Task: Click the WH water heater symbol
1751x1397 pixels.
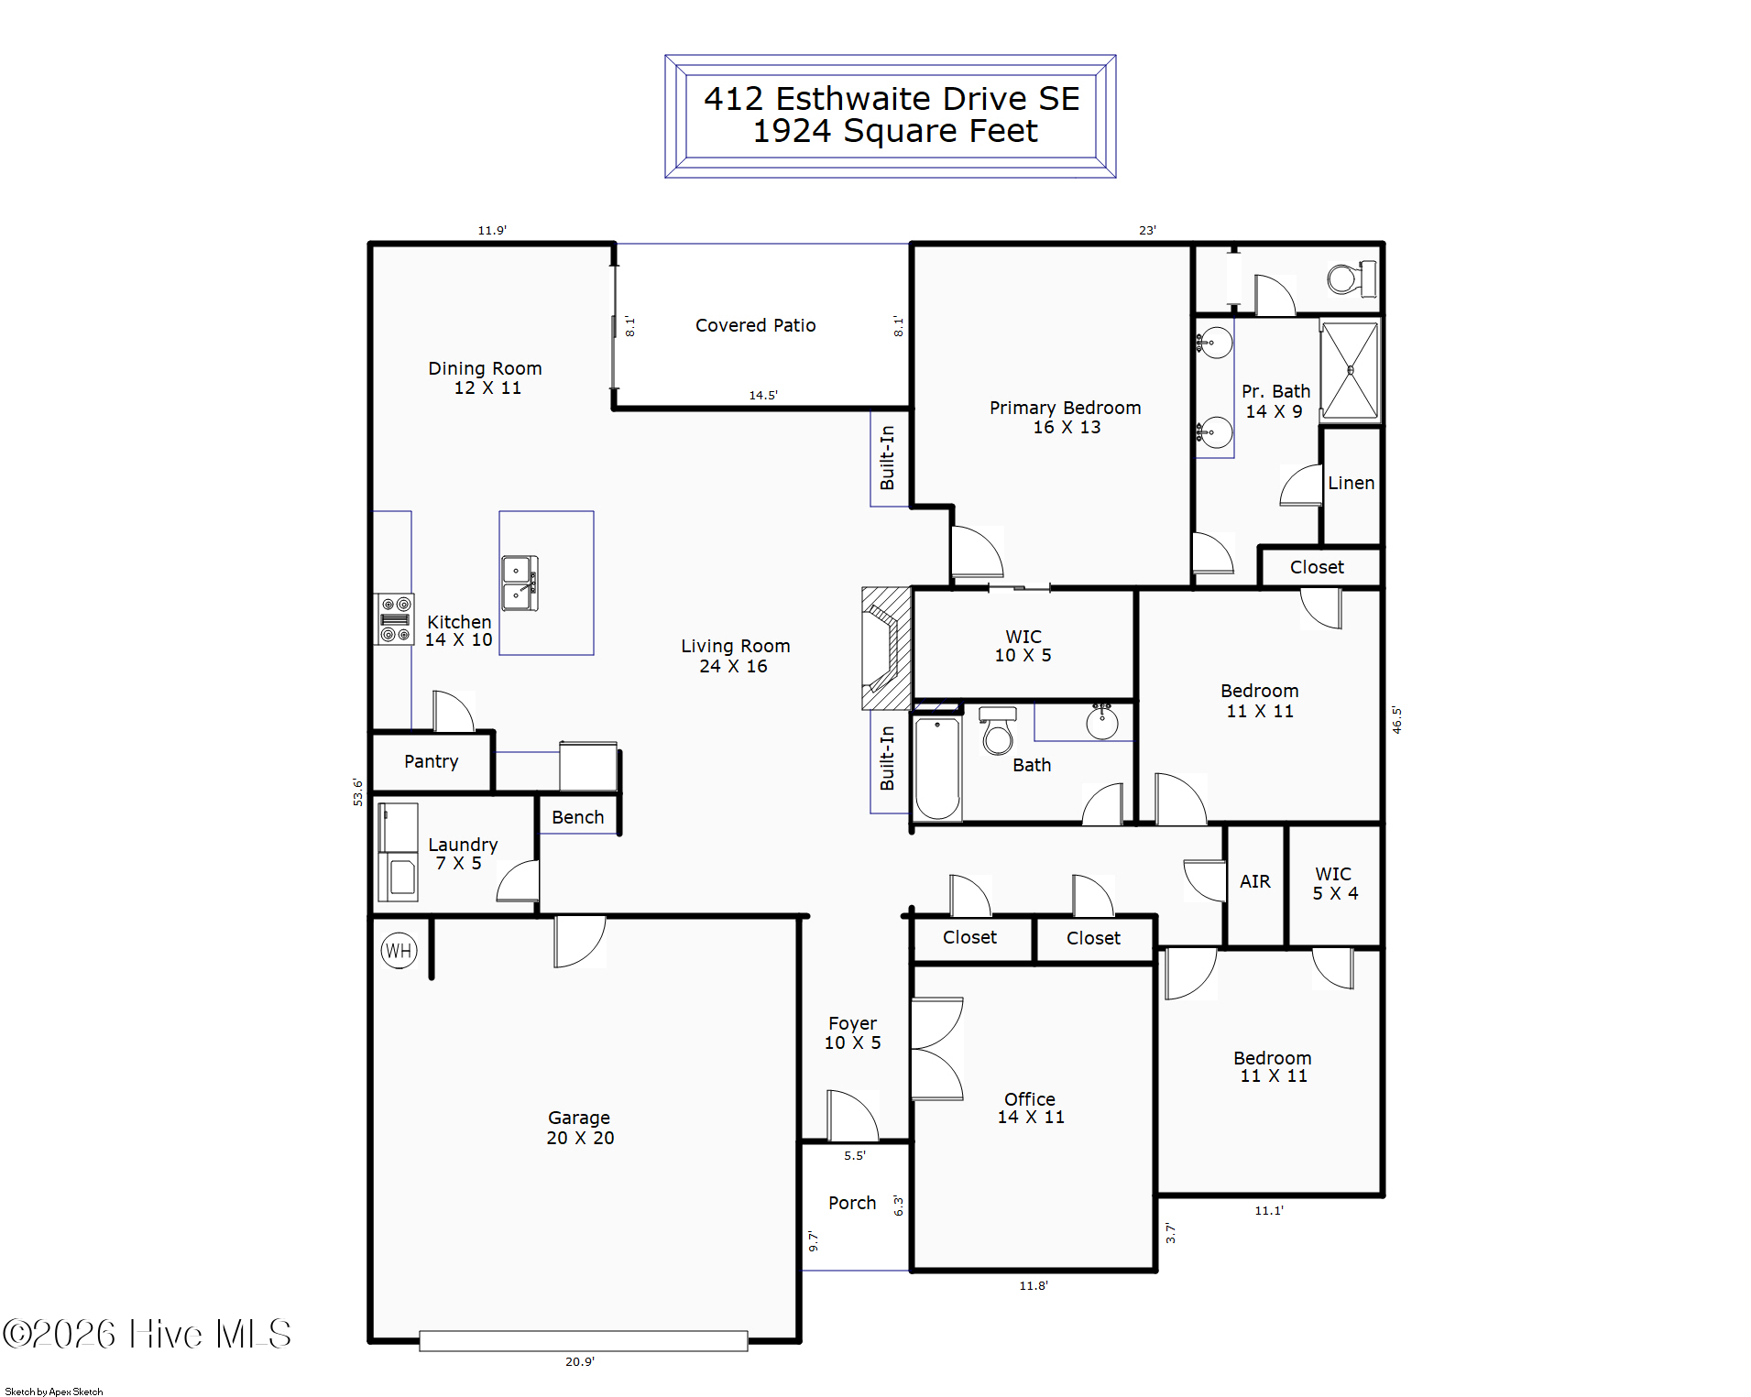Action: [x=399, y=951]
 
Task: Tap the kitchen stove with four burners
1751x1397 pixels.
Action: [x=395, y=619]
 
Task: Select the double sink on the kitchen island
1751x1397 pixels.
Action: [x=520, y=583]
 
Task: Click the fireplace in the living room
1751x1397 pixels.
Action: [x=885, y=649]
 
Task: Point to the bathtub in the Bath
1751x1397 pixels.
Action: [x=936, y=768]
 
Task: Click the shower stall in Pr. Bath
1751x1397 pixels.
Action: [x=1350, y=370]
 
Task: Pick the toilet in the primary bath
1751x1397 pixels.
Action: [x=1351, y=278]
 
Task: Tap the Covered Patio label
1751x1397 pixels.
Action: [x=755, y=325]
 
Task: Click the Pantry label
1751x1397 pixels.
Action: [x=431, y=761]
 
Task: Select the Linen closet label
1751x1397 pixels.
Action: [x=1351, y=483]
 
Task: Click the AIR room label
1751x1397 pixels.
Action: [x=1254, y=881]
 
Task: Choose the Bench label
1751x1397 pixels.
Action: [x=577, y=817]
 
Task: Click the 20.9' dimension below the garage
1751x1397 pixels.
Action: [x=579, y=1361]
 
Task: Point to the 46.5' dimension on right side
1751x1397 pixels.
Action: [x=1396, y=719]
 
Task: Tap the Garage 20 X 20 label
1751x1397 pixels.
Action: [x=579, y=1128]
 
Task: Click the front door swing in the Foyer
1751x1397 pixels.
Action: [x=852, y=1116]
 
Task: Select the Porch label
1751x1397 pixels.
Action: [x=852, y=1203]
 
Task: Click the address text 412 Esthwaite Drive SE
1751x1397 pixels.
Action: [x=891, y=98]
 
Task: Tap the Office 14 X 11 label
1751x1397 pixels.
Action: [x=1030, y=1108]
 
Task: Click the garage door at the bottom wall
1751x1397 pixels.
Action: [x=583, y=1341]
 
